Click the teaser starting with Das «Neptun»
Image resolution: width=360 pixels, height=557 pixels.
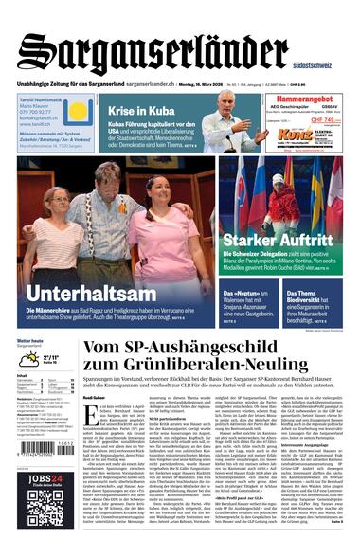pyautogui.click(x=249, y=296)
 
